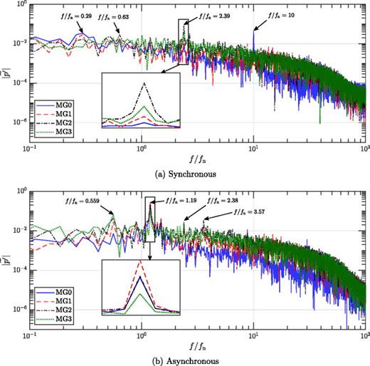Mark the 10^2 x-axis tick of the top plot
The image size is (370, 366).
[x=364, y=152]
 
